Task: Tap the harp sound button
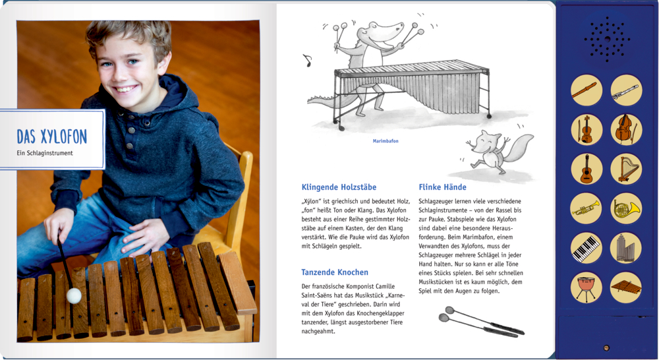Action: point(625,169)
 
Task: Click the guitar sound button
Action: point(586,169)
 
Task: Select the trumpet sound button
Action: point(586,208)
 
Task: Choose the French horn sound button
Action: point(625,208)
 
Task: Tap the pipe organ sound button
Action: point(625,248)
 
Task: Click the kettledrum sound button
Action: point(586,287)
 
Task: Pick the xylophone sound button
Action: point(625,287)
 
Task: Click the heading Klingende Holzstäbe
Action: point(339,187)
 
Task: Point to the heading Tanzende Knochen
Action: point(335,272)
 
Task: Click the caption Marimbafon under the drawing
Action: point(386,140)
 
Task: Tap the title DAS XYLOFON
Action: point(51,136)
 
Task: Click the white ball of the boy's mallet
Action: point(74,295)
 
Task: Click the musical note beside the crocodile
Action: point(306,61)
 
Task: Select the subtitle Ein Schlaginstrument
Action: point(45,154)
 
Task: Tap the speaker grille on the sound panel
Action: point(606,39)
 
